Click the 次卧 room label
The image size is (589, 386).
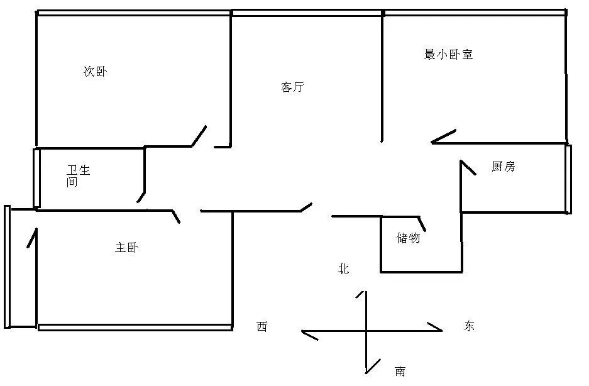(96, 72)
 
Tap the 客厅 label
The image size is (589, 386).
(293, 87)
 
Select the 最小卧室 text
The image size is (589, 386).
(448, 55)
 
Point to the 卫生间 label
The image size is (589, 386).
(78, 175)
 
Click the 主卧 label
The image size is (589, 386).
(126, 247)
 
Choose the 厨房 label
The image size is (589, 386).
(504, 166)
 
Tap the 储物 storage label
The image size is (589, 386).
(409, 238)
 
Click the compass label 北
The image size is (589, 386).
(344, 268)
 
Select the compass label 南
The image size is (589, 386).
(400, 372)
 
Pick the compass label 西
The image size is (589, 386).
(262, 326)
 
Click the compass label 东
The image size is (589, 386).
(469, 326)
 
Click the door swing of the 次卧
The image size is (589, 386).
(199, 136)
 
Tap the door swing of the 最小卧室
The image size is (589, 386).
(444, 136)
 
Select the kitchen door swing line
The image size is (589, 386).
(468, 168)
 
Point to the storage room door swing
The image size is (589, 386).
(422, 224)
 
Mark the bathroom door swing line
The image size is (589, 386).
(141, 197)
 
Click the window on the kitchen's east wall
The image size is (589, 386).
(568, 179)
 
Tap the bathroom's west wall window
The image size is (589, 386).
(36, 178)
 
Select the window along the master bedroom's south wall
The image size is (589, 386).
(135, 328)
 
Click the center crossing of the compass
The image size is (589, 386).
(366, 331)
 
